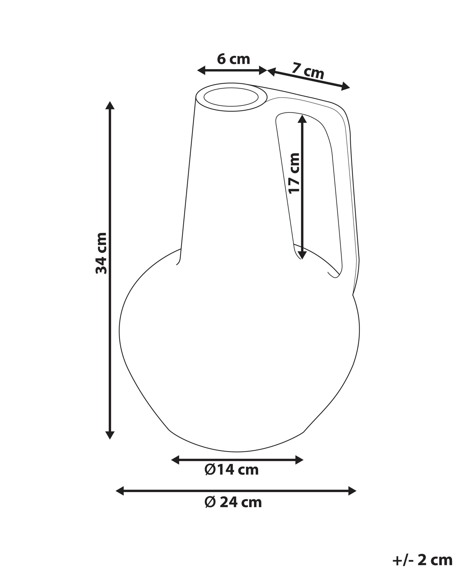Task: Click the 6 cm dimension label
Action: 233,59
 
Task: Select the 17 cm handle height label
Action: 294,173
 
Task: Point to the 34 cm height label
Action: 101,253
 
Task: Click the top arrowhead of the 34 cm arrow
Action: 110,105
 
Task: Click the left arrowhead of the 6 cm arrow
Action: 201,70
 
